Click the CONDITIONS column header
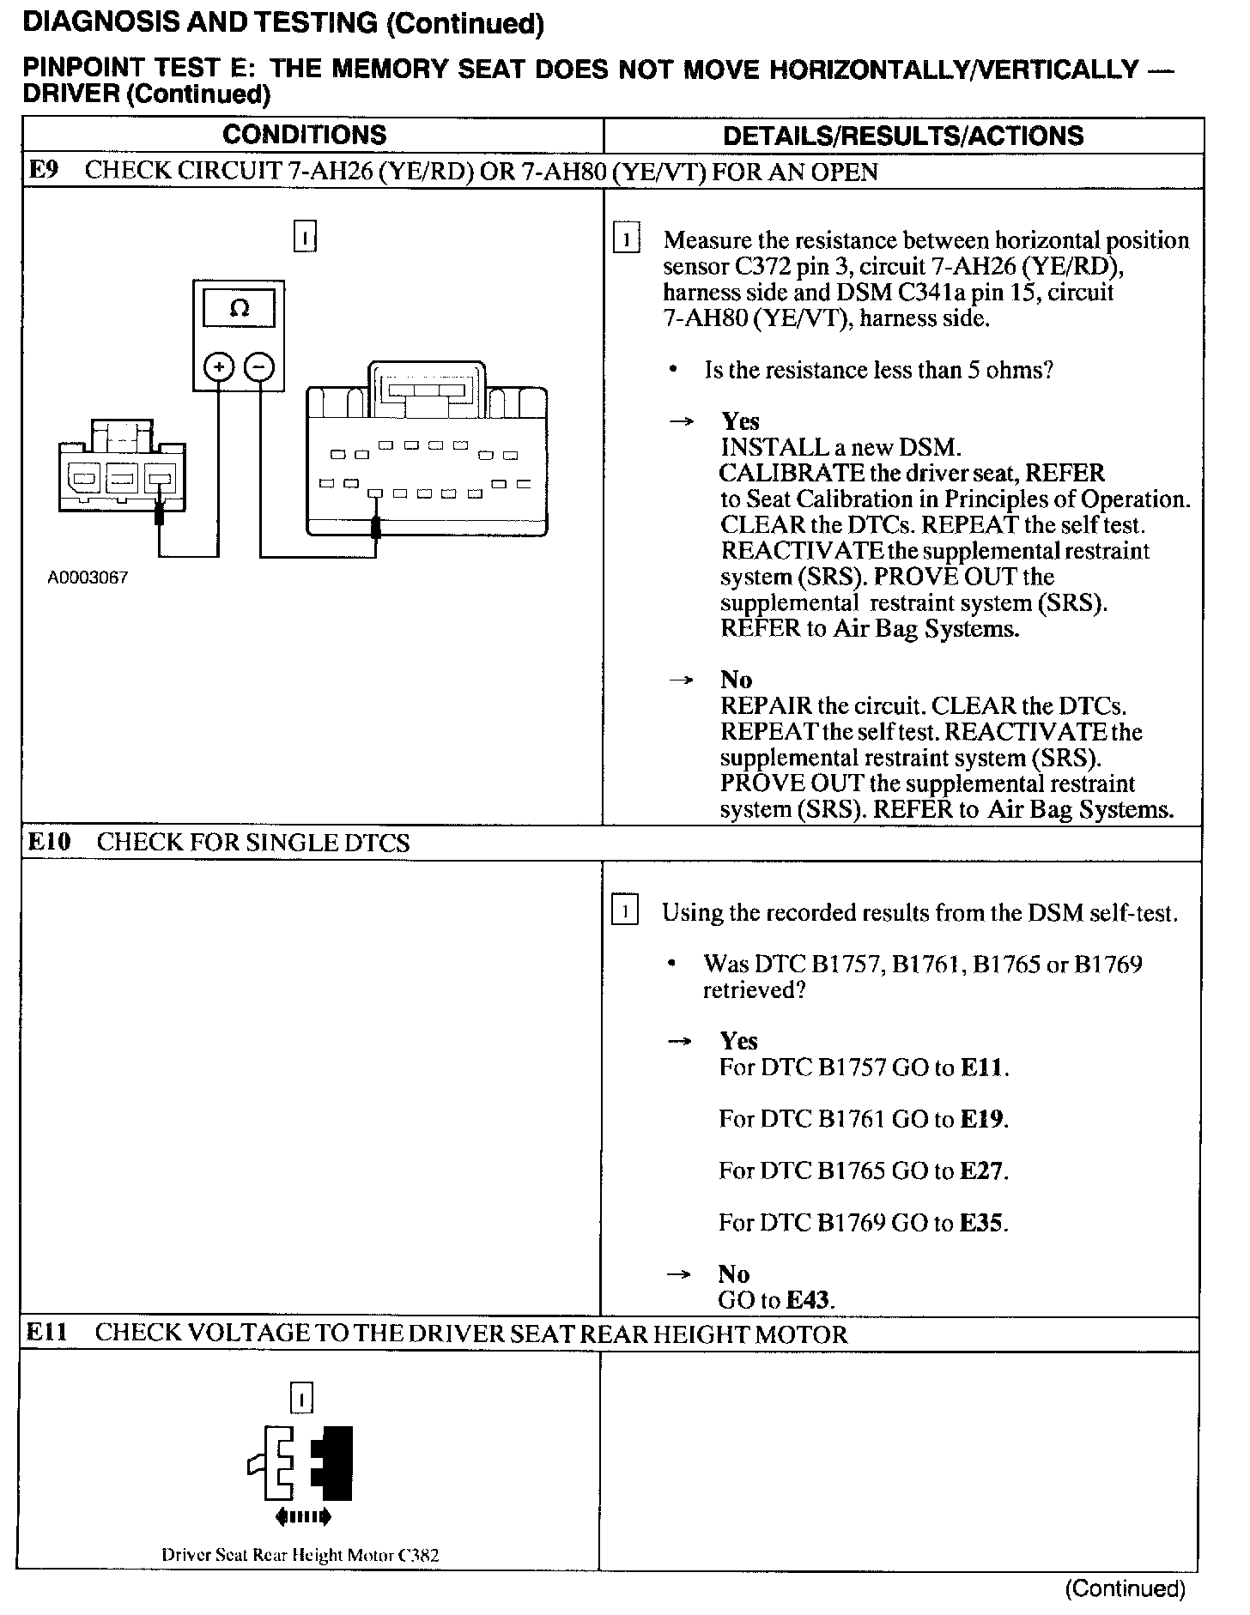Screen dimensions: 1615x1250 tap(304, 135)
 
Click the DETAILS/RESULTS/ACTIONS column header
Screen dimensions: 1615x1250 tap(902, 136)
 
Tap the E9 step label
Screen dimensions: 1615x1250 tap(43, 170)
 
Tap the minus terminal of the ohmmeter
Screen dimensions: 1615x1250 tap(259, 368)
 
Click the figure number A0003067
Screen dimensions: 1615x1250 tap(88, 578)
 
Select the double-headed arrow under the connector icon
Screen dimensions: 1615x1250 tap(302, 1517)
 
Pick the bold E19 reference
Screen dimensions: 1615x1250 tap(981, 1119)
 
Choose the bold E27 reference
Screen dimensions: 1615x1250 tap(981, 1170)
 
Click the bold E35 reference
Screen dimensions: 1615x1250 tap(981, 1222)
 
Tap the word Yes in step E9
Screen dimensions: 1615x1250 tap(740, 420)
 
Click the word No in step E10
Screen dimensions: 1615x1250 tap(734, 1273)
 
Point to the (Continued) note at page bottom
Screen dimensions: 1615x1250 tap(1125, 1588)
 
